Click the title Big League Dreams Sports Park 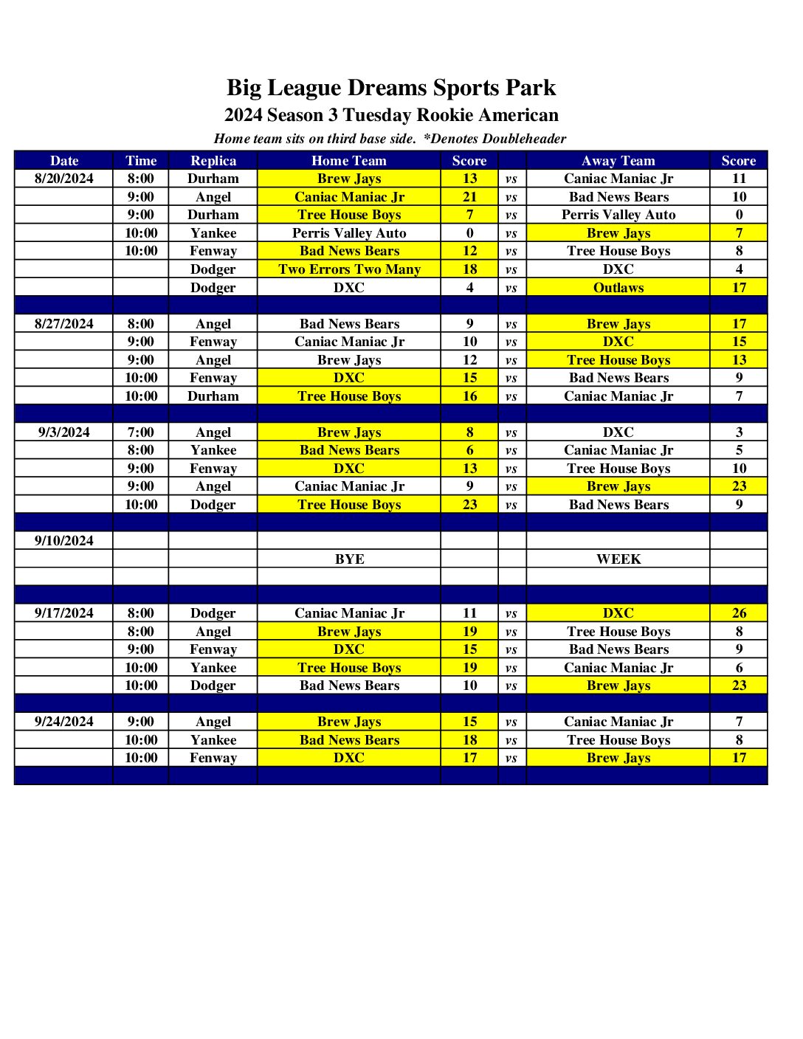tap(390, 88)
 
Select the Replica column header tap(213, 161)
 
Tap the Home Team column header tap(349, 161)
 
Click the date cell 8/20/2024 tap(64, 179)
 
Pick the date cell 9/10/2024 tap(64, 541)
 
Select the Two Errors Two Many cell tap(349, 269)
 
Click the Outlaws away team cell tap(618, 288)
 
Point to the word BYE tap(349, 559)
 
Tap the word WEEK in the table tap(618, 559)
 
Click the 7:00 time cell tap(141, 432)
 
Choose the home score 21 tap(469, 197)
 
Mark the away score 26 tap(739, 613)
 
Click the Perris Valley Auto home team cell tap(349, 233)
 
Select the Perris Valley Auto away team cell tap(618, 215)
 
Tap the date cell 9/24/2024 tap(64, 722)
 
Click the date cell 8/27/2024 tap(64, 324)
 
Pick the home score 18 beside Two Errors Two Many tap(469, 269)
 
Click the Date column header tap(64, 161)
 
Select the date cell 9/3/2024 tap(64, 432)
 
